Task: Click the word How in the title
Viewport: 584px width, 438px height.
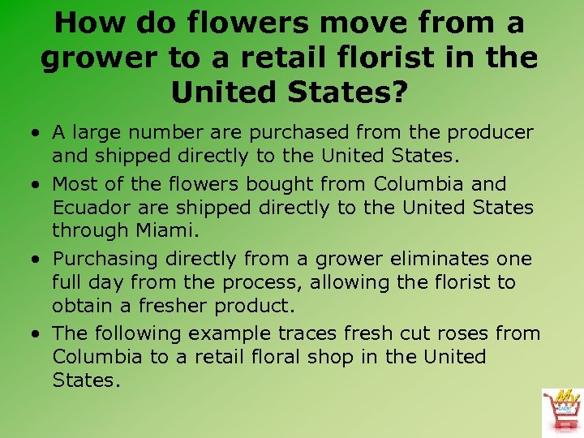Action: coord(90,23)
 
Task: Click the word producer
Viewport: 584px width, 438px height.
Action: coord(492,132)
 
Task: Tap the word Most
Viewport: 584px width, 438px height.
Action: coord(76,184)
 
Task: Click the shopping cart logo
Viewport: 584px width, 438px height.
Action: coord(562,410)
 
